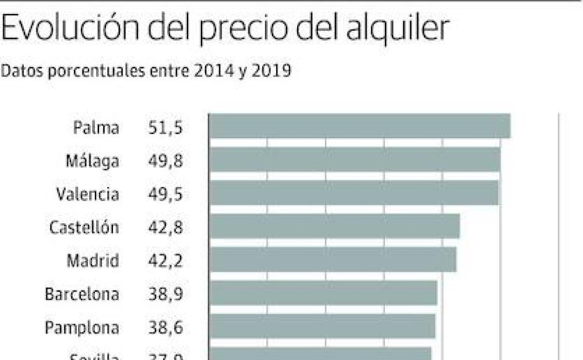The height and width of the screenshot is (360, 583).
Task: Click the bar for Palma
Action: (x=359, y=126)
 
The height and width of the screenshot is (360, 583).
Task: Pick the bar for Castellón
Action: (x=334, y=226)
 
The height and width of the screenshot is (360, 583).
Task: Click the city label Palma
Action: (x=96, y=128)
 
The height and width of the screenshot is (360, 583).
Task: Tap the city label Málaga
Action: (x=92, y=161)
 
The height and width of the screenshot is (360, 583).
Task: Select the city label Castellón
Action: (x=84, y=228)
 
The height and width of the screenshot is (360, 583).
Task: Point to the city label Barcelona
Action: (x=82, y=294)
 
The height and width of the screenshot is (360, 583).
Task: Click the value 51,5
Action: (x=165, y=128)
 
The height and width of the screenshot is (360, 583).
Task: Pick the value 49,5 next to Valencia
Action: (x=165, y=194)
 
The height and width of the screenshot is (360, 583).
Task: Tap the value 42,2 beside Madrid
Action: (x=165, y=260)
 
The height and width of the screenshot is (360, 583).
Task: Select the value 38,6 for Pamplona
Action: (x=165, y=327)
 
